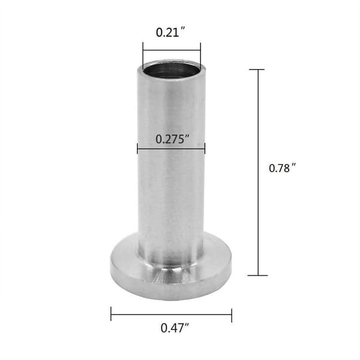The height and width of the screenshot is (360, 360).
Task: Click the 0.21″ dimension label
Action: (170, 32)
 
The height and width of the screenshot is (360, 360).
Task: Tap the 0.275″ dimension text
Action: (173, 139)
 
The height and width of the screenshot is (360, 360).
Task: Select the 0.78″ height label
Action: (282, 168)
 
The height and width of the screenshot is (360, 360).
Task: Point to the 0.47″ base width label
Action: (175, 328)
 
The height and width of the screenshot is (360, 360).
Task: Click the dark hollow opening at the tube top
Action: (171, 70)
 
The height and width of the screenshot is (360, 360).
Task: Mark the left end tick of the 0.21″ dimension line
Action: (143, 56)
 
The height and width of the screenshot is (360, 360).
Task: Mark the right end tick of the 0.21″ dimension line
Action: (200, 56)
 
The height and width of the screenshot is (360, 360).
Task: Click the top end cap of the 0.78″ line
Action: (257, 70)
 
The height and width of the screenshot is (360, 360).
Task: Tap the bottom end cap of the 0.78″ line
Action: (258, 275)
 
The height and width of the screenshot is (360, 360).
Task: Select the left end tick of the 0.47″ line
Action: (111, 314)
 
